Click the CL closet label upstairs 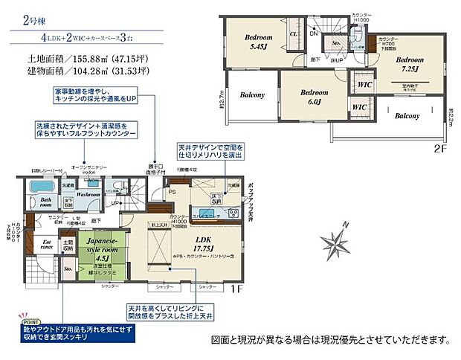[x=294, y=33]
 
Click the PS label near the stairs [x=172, y=192]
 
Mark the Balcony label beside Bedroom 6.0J [x=254, y=95]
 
